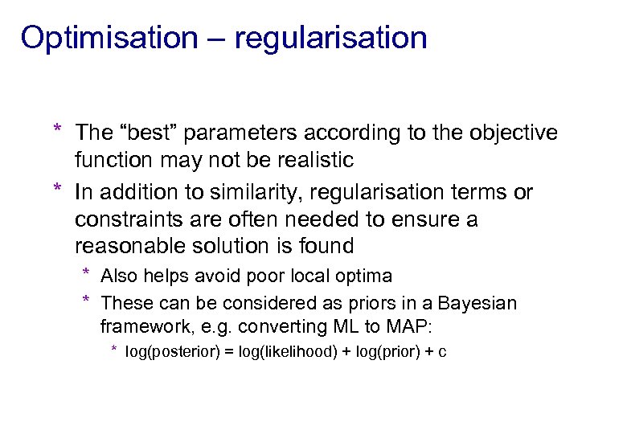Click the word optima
click(x=366, y=276)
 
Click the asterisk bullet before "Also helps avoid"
click(x=87, y=274)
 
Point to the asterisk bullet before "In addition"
click(x=58, y=190)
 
